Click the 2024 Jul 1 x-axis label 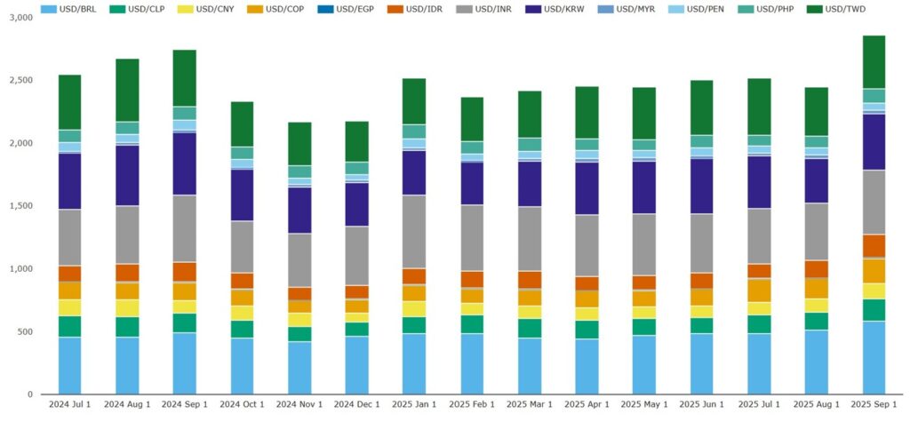pyautogui.click(x=82, y=406)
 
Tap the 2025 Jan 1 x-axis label pyautogui.click(x=427, y=406)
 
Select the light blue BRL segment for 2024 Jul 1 pyautogui.click(x=82, y=365)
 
